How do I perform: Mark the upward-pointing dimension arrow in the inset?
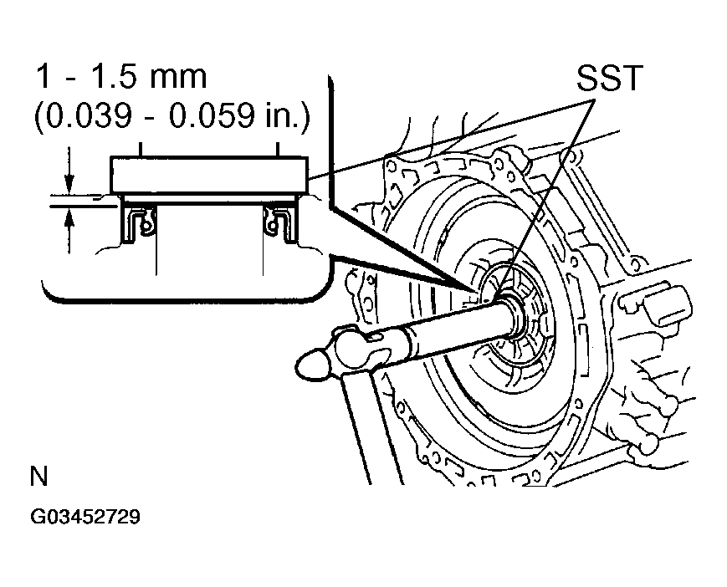click(69, 219)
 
